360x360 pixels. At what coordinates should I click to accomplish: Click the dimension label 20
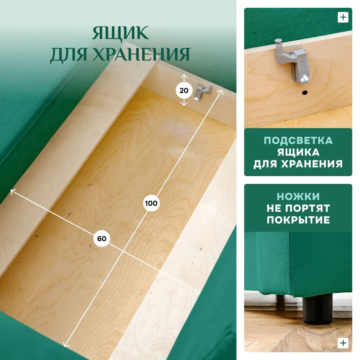pyautogui.click(x=184, y=90)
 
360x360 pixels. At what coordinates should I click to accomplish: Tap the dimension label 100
pyautogui.click(x=151, y=203)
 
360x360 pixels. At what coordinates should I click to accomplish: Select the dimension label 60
pyautogui.click(x=102, y=239)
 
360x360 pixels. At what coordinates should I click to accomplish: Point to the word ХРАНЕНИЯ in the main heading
pyautogui.click(x=141, y=54)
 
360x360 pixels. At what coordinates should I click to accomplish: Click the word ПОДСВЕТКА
pyautogui.click(x=298, y=140)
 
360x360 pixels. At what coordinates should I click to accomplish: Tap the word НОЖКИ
pyautogui.click(x=298, y=197)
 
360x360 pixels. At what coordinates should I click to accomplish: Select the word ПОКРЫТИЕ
pyautogui.click(x=298, y=220)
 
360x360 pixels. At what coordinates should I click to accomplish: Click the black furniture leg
pyautogui.click(x=318, y=309)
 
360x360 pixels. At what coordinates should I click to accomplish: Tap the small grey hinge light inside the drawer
pyautogui.click(x=202, y=92)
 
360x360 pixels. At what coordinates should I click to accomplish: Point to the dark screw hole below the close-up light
pyautogui.click(x=305, y=93)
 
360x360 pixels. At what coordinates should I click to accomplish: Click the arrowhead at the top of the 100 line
pyautogui.click(x=222, y=91)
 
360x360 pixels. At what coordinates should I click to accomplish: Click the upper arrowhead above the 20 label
pyautogui.click(x=184, y=75)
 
